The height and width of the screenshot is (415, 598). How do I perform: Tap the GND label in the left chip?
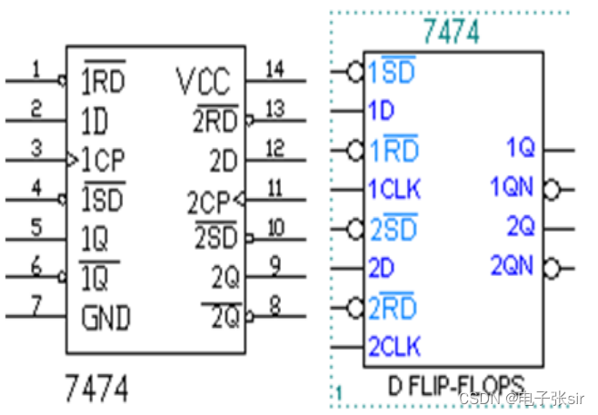tap(106, 318)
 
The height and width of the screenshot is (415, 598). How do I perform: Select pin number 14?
tap(274, 68)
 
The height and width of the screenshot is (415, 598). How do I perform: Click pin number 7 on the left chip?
tap(35, 304)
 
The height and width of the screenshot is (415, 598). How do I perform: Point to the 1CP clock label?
tap(103, 161)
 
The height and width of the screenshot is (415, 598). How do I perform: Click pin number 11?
tap(274, 188)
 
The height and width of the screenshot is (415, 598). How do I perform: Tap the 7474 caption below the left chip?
tap(95, 390)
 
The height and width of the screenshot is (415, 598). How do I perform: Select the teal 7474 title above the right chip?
tap(450, 33)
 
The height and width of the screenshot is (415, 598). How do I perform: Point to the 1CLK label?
tap(394, 190)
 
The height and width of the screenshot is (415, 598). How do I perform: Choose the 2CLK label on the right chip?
tap(394, 346)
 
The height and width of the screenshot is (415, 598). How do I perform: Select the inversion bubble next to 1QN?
tap(550, 190)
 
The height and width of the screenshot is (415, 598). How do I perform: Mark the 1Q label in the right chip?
tap(521, 147)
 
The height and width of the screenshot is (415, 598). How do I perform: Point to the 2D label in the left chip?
tap(223, 161)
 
